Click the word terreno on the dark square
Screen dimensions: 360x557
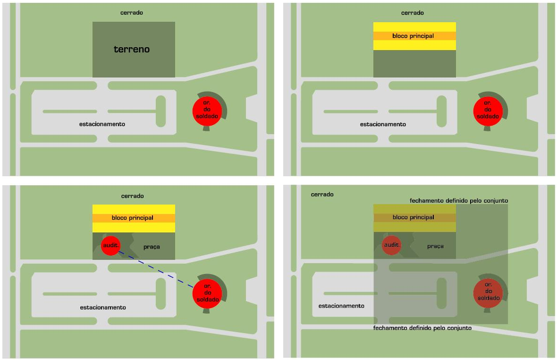(131, 49)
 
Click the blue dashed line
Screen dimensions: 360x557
(156, 269)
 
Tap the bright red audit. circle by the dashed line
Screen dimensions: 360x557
(111, 245)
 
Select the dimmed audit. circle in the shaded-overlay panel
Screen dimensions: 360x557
(391, 245)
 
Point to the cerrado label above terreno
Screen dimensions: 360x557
(132, 13)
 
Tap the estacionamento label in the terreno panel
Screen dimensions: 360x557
(102, 124)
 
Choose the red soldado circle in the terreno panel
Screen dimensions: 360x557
(207, 110)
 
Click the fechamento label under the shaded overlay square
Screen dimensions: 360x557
(422, 328)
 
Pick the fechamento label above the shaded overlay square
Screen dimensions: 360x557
(459, 201)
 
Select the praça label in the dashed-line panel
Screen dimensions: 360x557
(152, 247)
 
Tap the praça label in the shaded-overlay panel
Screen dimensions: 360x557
(435, 246)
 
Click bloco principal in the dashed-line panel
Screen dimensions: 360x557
(133, 218)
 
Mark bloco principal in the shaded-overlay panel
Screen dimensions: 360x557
(413, 217)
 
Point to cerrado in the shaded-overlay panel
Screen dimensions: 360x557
(322, 195)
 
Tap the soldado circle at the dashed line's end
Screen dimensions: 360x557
(208, 293)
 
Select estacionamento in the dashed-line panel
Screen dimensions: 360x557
(103, 308)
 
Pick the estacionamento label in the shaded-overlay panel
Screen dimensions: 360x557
(341, 306)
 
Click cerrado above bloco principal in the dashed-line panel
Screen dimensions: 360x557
(132, 196)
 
